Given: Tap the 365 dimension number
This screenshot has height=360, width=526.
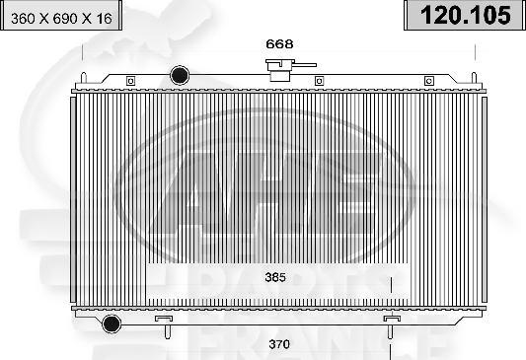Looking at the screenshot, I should click(x=275, y=278).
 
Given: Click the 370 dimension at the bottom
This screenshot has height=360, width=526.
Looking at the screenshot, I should click(x=279, y=344).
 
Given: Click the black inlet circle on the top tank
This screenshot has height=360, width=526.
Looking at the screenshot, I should click(x=181, y=75).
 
